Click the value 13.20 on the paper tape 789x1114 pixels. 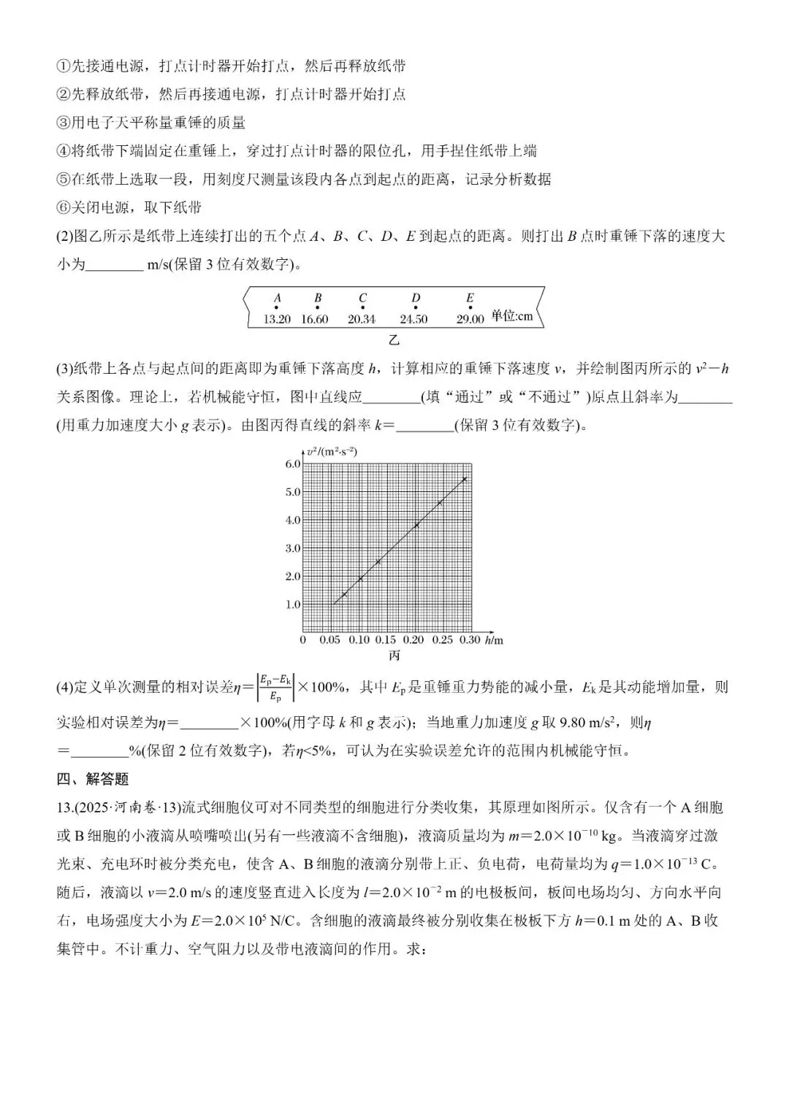point(277,319)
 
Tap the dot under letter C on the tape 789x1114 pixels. point(362,308)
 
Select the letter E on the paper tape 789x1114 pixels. point(470,298)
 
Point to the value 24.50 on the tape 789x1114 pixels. point(413,319)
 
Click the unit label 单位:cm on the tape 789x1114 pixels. point(511,316)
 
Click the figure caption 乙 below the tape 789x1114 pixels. point(394,339)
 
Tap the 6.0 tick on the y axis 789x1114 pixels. point(292,464)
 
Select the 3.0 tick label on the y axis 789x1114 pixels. point(292,548)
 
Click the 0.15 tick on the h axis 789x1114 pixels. point(386,640)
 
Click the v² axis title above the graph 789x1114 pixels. point(332,451)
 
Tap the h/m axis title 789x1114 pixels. point(495,640)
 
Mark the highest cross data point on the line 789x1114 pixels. point(464,479)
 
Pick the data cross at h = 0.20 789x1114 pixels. point(416,526)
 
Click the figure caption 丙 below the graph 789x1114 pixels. point(394,656)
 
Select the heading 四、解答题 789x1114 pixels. point(93,779)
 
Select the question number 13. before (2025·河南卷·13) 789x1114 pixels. point(65,807)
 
